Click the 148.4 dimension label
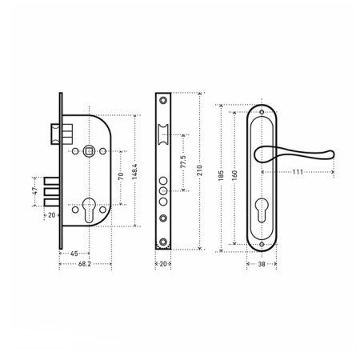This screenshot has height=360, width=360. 134,171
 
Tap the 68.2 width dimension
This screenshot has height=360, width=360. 85,264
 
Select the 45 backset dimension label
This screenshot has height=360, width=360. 74,254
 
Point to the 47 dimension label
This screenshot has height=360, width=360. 35,191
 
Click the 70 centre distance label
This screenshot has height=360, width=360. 121,176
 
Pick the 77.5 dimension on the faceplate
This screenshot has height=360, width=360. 183,162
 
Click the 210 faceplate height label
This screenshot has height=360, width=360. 199,170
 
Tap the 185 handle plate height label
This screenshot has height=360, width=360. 221,176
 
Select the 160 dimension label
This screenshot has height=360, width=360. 234,175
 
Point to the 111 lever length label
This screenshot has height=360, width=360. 298,172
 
